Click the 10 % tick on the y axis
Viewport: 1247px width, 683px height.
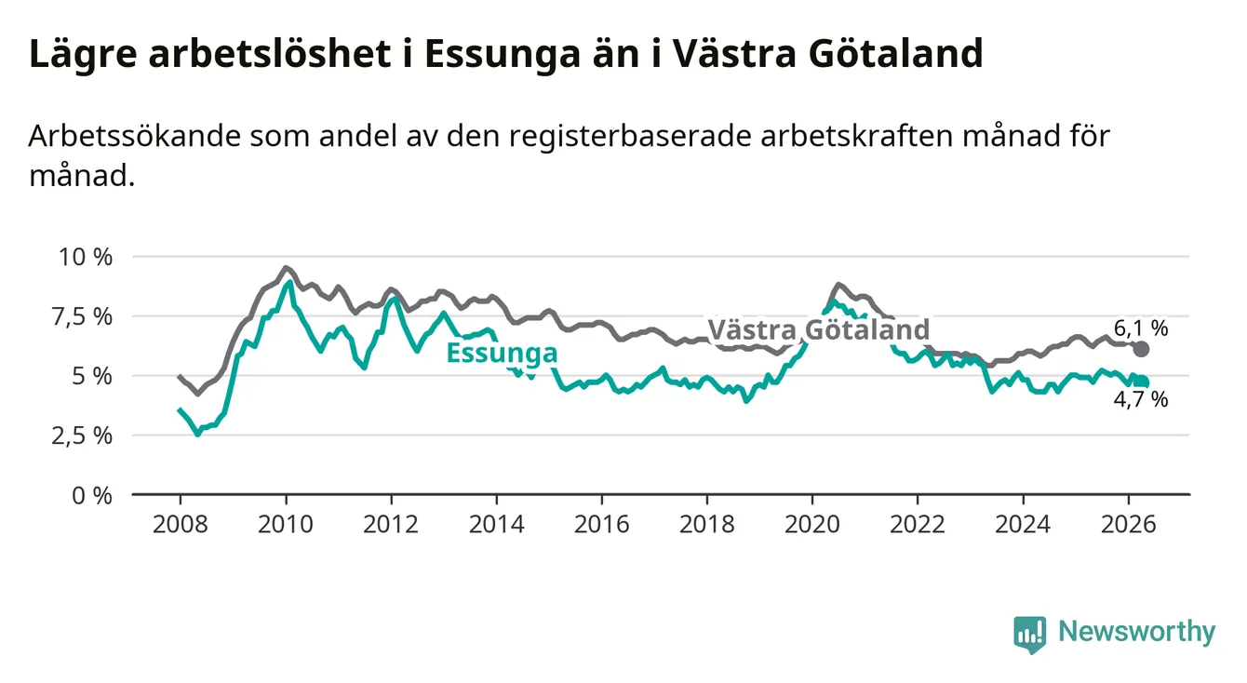[86, 257]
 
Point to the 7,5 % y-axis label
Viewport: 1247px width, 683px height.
[83, 316]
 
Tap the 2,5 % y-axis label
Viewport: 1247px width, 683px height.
[83, 435]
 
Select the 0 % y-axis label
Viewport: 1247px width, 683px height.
[92, 495]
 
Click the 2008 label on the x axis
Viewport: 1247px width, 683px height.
[180, 525]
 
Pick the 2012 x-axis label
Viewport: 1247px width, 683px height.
[391, 525]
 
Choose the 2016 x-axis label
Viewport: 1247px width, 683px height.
[602, 525]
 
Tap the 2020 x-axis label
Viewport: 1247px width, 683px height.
[812, 525]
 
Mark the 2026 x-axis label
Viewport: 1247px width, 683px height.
[1129, 525]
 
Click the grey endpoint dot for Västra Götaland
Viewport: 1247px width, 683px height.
[1141, 349]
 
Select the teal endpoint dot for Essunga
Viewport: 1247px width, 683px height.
[1142, 382]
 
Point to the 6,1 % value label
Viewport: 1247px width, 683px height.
[1141, 328]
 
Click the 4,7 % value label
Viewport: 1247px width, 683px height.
[1141, 399]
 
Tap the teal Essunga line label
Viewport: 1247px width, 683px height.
[502, 353]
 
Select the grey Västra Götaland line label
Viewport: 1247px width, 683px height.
[818, 329]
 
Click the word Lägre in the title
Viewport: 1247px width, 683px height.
[83, 55]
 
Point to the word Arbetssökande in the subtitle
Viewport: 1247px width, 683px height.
[135, 136]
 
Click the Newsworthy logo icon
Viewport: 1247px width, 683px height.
[1030, 635]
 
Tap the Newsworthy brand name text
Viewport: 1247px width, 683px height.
[1137, 631]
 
